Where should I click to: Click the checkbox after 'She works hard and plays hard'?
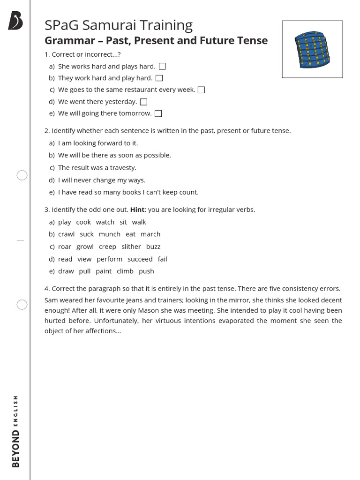(162, 67)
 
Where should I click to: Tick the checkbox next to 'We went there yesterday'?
(144, 102)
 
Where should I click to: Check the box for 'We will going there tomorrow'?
(158, 113)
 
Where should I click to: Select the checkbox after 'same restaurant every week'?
(201, 90)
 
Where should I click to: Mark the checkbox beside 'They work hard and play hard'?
(159, 78)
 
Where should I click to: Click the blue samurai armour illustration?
(312, 49)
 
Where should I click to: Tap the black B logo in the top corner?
(15, 21)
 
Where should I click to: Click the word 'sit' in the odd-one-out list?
(123, 222)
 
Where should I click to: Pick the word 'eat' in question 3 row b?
(131, 234)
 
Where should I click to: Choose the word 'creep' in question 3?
(107, 247)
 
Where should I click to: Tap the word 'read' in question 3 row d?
(65, 259)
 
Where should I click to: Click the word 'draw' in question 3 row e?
(66, 271)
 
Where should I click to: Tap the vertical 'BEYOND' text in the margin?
(16, 449)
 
